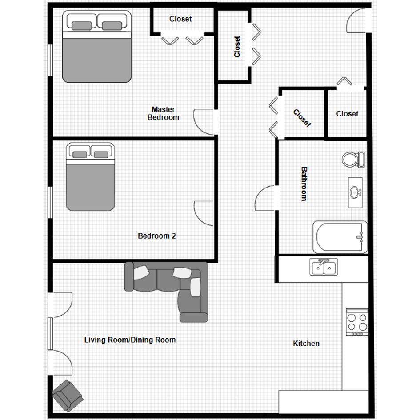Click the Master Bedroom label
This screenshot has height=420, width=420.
click(163, 113)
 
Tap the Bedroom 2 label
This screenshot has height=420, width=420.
click(157, 236)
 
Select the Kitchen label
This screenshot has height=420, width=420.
click(306, 344)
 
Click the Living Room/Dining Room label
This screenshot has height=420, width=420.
click(130, 340)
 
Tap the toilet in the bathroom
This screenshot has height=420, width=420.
click(353, 160)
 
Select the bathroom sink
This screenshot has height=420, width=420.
click(355, 192)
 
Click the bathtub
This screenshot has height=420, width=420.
click(340, 237)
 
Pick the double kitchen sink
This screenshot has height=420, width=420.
click(324, 267)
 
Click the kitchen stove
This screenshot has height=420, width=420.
click(357, 322)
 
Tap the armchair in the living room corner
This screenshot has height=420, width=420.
click(68, 395)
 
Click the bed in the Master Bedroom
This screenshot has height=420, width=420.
click(97, 46)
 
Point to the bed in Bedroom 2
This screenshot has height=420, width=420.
click(90, 177)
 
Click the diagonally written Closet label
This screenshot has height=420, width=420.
click(302, 118)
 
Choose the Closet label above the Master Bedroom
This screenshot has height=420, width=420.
click(180, 19)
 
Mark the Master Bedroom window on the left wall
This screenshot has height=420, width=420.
click(50, 60)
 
